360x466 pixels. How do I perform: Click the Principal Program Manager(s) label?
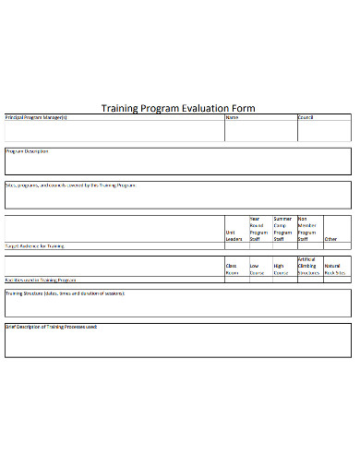point(37,117)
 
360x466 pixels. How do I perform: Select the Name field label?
point(232,117)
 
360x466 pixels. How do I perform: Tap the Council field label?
point(306,117)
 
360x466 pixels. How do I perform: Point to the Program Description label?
point(28,150)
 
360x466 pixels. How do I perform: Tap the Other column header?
point(330,239)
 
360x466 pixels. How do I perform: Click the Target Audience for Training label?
point(35,246)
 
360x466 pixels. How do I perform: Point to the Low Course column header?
point(258,269)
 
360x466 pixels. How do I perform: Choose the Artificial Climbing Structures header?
point(307,267)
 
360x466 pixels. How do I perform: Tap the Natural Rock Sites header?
point(335,269)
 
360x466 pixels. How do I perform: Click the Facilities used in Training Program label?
point(41,279)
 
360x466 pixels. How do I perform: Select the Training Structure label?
point(65,293)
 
